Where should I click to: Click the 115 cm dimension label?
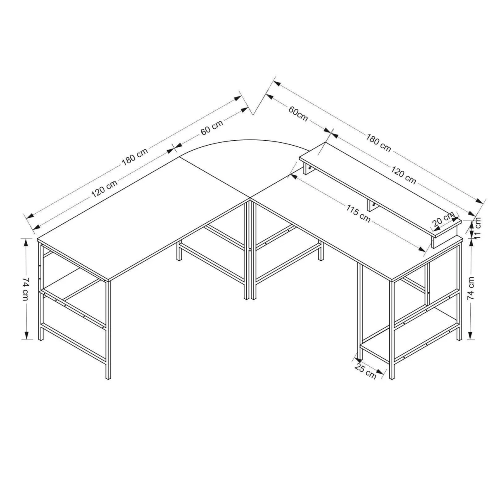[358, 214]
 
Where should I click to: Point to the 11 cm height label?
[477, 228]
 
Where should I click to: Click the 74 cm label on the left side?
[25, 289]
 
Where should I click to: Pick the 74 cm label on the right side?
[471, 288]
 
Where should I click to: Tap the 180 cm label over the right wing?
[378, 143]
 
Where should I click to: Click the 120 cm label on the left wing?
[104, 189]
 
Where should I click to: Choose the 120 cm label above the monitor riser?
[403, 175]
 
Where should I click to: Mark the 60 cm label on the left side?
[212, 127]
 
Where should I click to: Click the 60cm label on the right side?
[298, 113]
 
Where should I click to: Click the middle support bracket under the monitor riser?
[372, 206]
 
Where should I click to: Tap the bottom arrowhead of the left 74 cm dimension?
[26, 335]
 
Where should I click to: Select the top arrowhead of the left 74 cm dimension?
[26, 243]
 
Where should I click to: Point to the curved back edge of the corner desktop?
[244, 141]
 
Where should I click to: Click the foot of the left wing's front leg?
[108, 377]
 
